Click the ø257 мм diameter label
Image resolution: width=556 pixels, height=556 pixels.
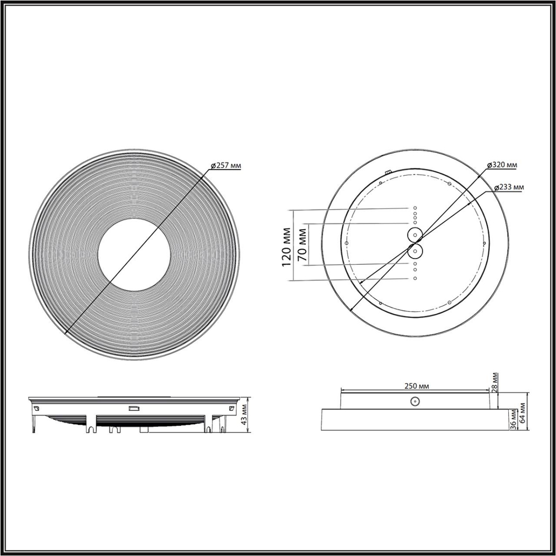pyautogui.click(x=226, y=166)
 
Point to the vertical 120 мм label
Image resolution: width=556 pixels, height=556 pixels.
pyautogui.click(x=286, y=246)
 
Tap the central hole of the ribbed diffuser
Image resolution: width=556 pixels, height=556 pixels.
pyautogui.click(x=133, y=255)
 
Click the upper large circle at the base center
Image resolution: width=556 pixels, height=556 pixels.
pyautogui.click(x=415, y=235)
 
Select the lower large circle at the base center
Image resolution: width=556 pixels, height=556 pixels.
pyautogui.click(x=415, y=252)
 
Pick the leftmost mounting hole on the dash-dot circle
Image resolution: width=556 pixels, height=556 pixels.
pyautogui.click(x=346, y=244)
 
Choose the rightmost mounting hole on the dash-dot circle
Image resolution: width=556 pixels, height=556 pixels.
pyautogui.click(x=484, y=244)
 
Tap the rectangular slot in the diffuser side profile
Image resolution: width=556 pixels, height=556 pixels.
pyautogui.click(x=133, y=409)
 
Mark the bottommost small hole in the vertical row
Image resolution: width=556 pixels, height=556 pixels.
pyautogui.click(x=415, y=277)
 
